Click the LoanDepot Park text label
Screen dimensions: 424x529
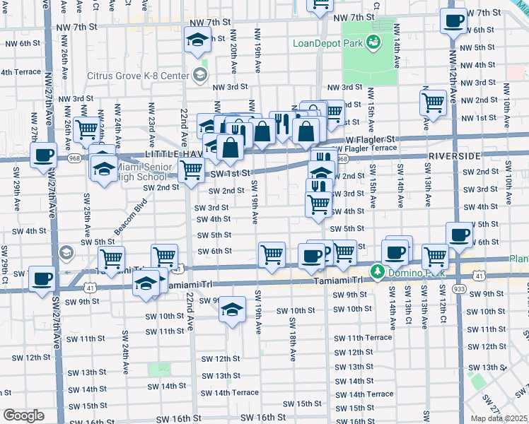(328, 42)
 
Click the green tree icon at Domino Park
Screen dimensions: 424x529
(378, 271)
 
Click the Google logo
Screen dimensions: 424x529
(23, 416)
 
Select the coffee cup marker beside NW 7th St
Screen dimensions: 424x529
(453, 20)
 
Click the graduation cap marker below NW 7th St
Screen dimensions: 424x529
(197, 40)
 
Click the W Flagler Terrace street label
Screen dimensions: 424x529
(375, 148)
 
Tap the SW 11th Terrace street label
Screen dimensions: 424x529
(362, 338)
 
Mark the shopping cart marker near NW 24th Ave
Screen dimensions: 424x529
(86, 129)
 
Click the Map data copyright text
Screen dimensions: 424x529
(499, 418)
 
